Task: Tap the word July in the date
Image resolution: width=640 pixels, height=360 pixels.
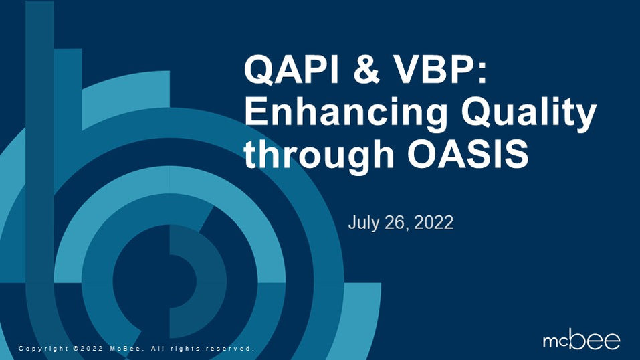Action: (x=362, y=223)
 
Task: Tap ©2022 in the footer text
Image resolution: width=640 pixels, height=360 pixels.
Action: (x=88, y=349)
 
